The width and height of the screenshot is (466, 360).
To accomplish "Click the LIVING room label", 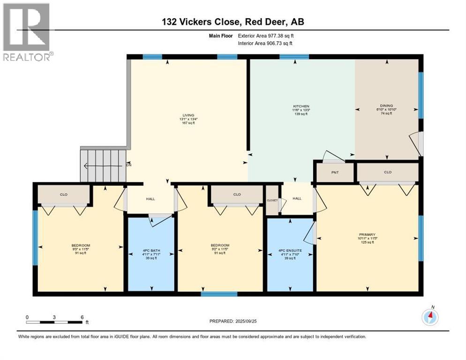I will (x=188, y=115).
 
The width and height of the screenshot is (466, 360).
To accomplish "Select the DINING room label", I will (x=386, y=106).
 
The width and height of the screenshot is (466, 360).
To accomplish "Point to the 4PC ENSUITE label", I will (x=290, y=251).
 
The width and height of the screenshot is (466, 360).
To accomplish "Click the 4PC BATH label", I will (x=152, y=251).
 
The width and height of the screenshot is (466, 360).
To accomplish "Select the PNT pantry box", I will (x=335, y=172).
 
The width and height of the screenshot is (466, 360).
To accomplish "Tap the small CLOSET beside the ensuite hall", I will (x=272, y=200).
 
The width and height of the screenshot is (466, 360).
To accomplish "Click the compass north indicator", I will (x=430, y=317).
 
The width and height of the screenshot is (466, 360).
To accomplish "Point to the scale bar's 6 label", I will (x=82, y=317).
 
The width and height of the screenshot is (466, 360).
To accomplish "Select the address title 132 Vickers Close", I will (x=233, y=22).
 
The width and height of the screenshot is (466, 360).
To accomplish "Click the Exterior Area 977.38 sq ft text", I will (x=266, y=36).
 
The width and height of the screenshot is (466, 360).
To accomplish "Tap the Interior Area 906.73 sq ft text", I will (x=266, y=44).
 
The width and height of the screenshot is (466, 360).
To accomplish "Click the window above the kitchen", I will (x=294, y=57).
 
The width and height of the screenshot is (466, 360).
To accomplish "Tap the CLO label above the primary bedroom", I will (x=387, y=172).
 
